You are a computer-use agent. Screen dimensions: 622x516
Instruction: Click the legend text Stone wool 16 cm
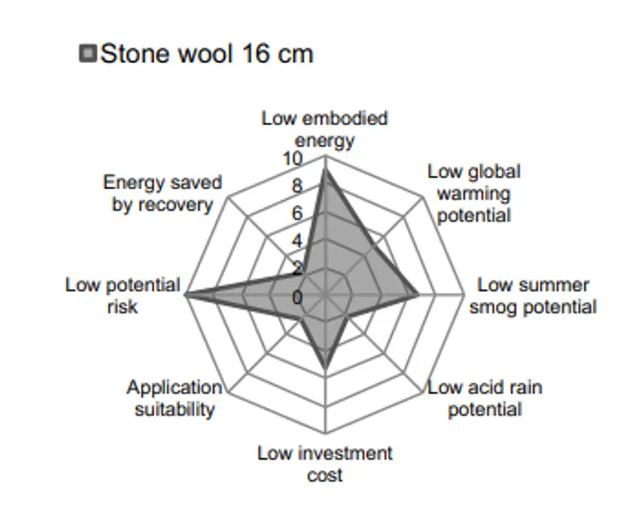[207, 55]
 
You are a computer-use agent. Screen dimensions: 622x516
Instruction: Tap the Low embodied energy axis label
[324, 129]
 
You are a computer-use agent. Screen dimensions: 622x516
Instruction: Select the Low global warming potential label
[474, 193]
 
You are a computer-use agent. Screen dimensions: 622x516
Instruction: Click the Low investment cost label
[324, 464]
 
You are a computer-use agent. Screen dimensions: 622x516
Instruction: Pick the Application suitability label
[174, 398]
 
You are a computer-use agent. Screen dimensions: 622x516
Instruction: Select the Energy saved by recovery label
[163, 193]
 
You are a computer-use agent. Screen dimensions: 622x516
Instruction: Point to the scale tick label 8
[297, 187]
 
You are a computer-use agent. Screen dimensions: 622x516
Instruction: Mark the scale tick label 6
[297, 214]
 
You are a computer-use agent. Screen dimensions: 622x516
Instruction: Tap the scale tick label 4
[297, 241]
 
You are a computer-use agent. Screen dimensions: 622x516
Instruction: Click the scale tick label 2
[297, 269]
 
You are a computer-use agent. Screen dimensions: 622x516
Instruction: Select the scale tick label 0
[297, 296]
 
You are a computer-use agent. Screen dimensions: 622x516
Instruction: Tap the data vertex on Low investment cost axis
[325, 367]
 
